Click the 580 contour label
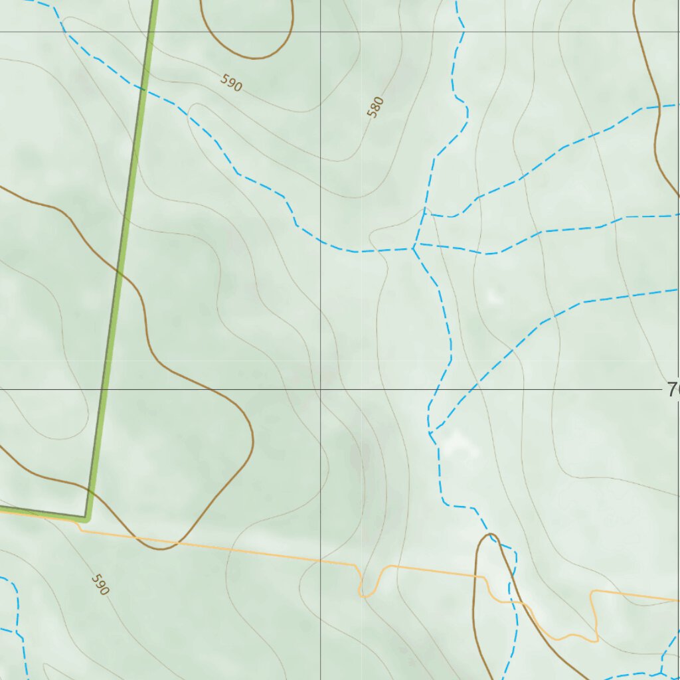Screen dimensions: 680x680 pyautogui.click(x=376, y=107)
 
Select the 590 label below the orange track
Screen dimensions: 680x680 pyautogui.click(x=100, y=584)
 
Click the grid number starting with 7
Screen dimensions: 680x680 pyautogui.click(x=672, y=390)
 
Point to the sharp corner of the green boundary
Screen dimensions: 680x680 pyautogui.click(x=86, y=516)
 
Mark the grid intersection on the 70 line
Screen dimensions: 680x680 pyautogui.click(x=320, y=389)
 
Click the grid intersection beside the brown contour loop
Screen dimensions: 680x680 pyautogui.click(x=320, y=32)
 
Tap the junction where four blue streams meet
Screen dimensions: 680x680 pyautogui.click(x=414, y=248)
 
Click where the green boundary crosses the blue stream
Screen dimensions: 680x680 pyautogui.click(x=142, y=88)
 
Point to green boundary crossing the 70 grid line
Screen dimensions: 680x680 pyautogui.click(x=104, y=389)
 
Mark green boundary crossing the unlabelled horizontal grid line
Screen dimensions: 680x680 pyautogui.click(x=151, y=32)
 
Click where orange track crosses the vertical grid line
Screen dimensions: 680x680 pyautogui.click(x=320, y=561)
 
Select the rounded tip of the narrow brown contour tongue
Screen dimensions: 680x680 pyautogui.click(x=491, y=534)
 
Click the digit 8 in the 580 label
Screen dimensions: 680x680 pyautogui.click(x=376, y=107)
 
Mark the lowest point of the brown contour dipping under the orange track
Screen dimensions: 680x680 pyautogui.click(x=161, y=549)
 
